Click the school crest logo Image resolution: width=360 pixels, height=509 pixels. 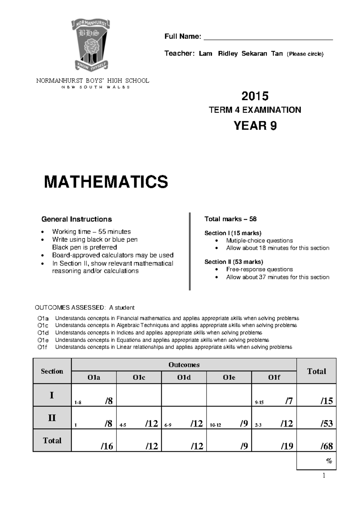coord(90,45)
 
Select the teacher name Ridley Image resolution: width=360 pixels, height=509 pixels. coord(228,54)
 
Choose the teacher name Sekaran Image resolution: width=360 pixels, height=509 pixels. coord(254,54)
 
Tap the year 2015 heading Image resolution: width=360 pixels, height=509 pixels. coord(255,96)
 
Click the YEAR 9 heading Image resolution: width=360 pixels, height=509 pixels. coord(255,125)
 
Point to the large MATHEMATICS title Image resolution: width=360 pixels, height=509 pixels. coord(106,182)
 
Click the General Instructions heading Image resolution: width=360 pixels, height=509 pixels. coord(76,219)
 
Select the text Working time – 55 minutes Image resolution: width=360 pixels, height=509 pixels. coord(91,232)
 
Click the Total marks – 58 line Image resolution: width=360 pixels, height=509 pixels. coord(230,219)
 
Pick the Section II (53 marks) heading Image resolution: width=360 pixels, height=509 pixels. coord(234,262)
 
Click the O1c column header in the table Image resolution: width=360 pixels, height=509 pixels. coord(139,378)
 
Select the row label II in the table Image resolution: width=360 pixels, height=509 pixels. coord(52,417)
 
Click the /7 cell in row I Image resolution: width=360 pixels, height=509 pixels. coord(274,401)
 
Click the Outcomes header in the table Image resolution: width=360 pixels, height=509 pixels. coord(184,365)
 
